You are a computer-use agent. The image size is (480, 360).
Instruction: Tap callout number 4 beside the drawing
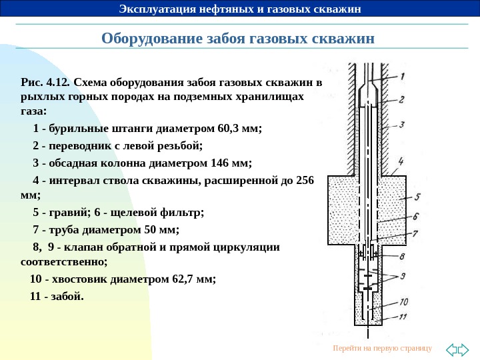click(400, 161)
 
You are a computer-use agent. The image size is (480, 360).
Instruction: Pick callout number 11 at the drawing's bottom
click(403, 317)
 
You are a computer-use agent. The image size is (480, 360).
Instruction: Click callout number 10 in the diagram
click(404, 302)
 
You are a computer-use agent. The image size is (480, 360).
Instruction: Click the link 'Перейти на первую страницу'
click(382, 349)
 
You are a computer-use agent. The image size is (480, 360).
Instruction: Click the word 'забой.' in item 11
click(69, 296)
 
